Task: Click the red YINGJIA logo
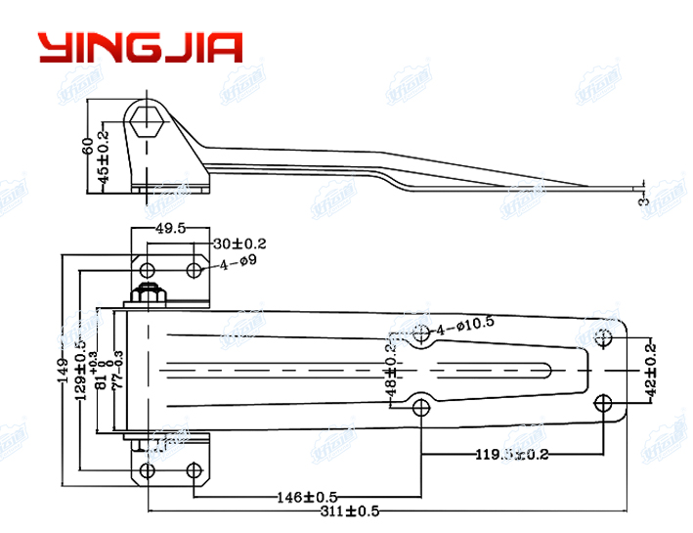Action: [140, 48]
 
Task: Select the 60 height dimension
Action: [88, 146]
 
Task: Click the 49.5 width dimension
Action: [172, 229]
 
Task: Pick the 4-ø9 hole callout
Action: [238, 264]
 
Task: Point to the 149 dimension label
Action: [62, 372]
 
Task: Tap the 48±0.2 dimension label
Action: [391, 373]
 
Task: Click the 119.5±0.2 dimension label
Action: [512, 453]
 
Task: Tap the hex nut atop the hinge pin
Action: [150, 292]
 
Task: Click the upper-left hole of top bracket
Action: [147, 269]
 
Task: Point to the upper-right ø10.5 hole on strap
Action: [603, 338]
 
